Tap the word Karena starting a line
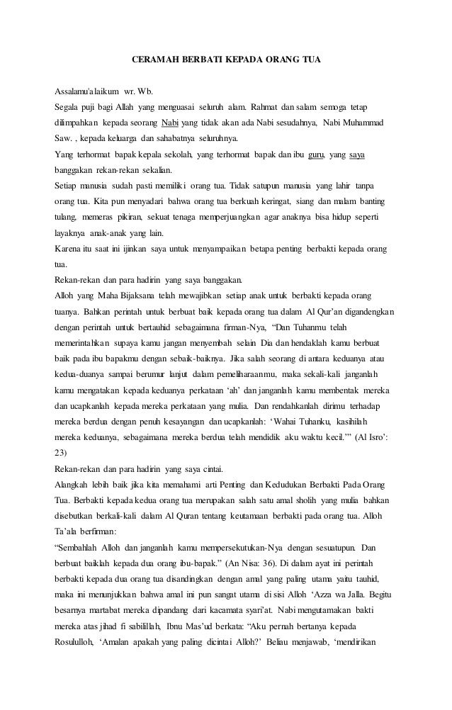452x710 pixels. (x=69, y=248)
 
